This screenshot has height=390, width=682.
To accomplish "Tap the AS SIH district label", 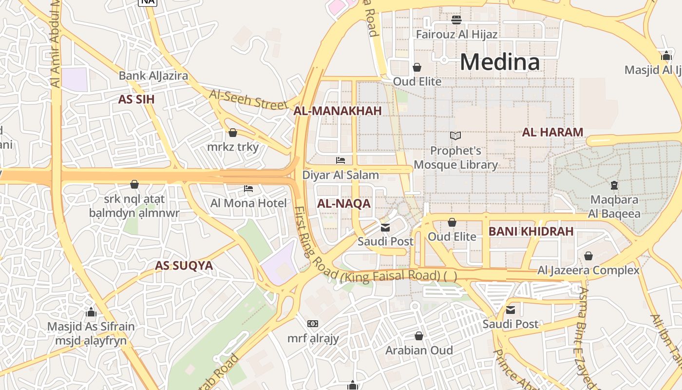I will coord(136,99).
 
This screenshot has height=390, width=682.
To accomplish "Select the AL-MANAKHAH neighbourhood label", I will coord(337,111).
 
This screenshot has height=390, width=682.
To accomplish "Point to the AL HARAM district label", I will coord(552,132).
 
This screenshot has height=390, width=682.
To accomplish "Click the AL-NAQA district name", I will coord(344,204).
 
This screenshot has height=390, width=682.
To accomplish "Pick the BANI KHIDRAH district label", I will coord(531,232).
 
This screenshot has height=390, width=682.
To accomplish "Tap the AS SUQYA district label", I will coord(184,266).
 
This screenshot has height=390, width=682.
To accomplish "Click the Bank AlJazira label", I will coord(153,76).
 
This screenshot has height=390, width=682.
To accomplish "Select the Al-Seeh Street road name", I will coord(248,99).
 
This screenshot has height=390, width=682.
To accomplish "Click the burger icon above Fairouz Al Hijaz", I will coord(456,20).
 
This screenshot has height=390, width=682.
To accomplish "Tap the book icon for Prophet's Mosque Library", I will coord(455,136).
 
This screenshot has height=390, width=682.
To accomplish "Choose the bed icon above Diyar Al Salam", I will coord(341,160).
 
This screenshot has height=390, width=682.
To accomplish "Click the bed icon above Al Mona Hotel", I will coord(248,189).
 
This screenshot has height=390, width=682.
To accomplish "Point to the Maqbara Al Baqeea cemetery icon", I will coord(614,185).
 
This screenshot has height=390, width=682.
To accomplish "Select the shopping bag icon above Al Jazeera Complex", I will coord(588,256).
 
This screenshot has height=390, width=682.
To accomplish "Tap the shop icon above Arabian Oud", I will coord(418,336).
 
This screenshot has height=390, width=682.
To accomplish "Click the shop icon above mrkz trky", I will coord(233,133).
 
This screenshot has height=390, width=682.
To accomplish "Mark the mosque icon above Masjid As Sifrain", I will coord(91,312).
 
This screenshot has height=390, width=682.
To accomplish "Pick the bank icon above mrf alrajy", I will coord(313,324).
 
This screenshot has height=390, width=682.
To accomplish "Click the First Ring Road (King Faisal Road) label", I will coord(370,263).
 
